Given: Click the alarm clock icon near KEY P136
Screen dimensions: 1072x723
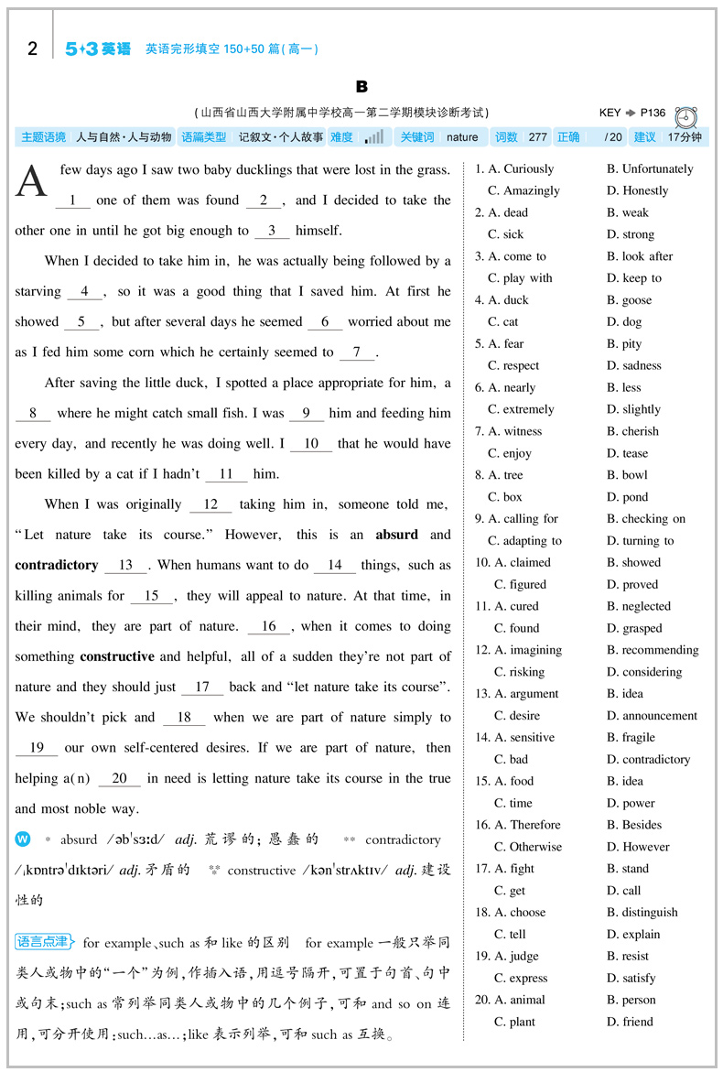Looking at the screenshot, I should tap(685, 117).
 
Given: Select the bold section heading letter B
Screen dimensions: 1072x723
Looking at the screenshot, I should tap(361, 86).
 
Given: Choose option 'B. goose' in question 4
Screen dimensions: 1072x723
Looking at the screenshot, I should tap(629, 299).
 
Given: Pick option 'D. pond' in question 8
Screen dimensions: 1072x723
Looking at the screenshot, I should tap(627, 496).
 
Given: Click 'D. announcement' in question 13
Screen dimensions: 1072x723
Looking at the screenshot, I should tap(652, 715).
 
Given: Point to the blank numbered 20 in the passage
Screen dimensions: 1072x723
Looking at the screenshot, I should tap(119, 778).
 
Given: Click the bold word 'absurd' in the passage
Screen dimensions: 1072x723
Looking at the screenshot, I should tap(396, 535).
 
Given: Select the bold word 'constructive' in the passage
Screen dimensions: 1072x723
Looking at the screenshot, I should tap(117, 656).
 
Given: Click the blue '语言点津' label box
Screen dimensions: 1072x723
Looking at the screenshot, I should tap(43, 941).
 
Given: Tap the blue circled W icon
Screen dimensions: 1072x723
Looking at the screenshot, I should tap(23, 839).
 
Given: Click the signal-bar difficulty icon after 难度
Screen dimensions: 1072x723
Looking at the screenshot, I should tap(373, 137).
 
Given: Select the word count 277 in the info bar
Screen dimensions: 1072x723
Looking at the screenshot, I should tap(537, 137).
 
